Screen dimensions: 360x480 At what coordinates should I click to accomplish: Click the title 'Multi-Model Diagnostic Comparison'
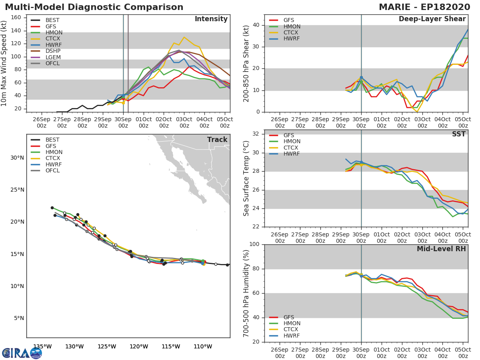pyautogui.click(x=94, y=7)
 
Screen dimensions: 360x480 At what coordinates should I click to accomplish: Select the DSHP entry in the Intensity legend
pyautogui.click(x=53, y=51)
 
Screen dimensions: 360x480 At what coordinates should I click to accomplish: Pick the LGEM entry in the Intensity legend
pyautogui.click(x=53, y=58)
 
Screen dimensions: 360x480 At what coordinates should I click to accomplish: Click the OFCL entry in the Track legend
pyautogui.click(x=52, y=171)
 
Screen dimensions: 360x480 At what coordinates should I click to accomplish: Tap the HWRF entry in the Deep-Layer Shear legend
pyautogui.click(x=292, y=39)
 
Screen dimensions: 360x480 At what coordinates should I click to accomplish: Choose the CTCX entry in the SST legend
pyautogui.click(x=292, y=148)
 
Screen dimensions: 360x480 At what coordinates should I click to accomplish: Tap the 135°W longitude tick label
pyautogui.click(x=42, y=346)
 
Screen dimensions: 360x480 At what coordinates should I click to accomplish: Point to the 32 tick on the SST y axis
pyautogui.click(x=256, y=134)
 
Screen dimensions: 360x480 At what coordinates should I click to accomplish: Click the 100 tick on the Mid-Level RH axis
pyautogui.click(x=254, y=244)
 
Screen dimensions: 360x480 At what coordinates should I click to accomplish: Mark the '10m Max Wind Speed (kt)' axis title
pyautogui.click(x=4, y=64)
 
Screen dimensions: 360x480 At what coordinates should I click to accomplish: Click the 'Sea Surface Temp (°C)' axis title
pyautogui.click(x=247, y=178)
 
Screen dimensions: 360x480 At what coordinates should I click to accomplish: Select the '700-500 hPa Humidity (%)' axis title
pyautogui.click(x=247, y=293)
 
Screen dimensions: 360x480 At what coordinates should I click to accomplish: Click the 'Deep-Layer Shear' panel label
pyautogui.click(x=432, y=19)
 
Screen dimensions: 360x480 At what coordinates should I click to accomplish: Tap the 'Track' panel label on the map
pyautogui.click(x=217, y=140)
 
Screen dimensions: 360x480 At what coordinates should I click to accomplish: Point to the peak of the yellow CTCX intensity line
pyautogui.click(x=184, y=37)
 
